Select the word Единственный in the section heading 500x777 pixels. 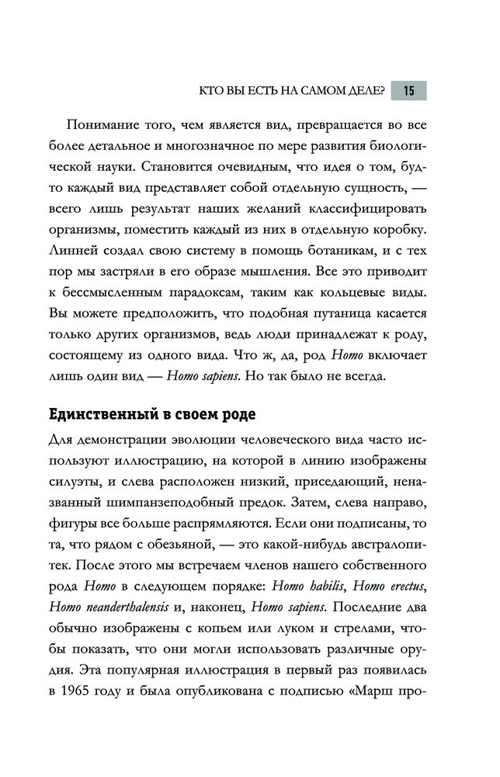96,413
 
